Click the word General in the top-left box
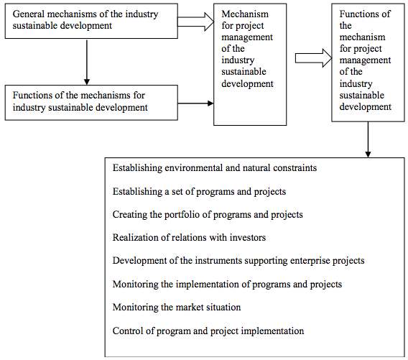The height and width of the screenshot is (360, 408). coord(28,14)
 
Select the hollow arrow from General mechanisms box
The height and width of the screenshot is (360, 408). coord(195,22)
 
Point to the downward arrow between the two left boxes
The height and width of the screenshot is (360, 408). coord(87,62)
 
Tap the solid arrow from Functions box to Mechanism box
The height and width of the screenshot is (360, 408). coord(195,103)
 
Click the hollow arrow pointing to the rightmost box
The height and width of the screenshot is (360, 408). coord(314,58)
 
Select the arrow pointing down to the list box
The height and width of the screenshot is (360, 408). coord(368,139)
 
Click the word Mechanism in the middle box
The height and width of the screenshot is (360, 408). coord(245,14)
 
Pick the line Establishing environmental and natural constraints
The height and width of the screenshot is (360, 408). coord(215,168)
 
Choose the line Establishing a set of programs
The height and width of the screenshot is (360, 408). coord(199,192)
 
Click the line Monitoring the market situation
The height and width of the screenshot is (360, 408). coord(177,307)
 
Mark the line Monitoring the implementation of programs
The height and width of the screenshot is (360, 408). coord(227,285)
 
